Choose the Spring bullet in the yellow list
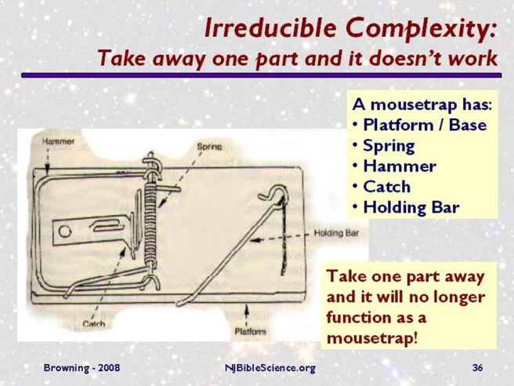(388, 145)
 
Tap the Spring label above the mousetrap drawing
(210, 147)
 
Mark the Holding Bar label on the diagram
(335, 233)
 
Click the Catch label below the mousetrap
(95, 322)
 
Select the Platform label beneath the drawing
(251, 331)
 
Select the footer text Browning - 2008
(77, 367)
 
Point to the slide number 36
(477, 367)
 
